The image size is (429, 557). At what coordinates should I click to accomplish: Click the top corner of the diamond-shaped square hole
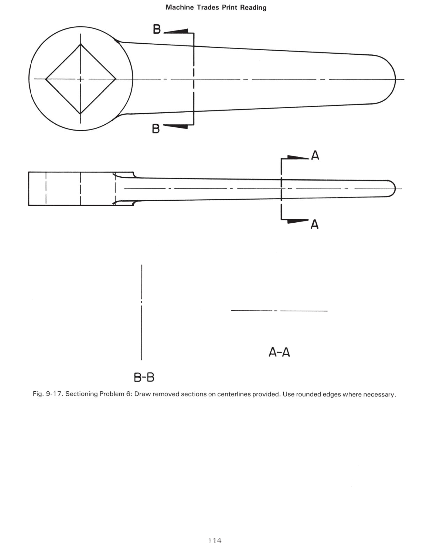coord(81,44)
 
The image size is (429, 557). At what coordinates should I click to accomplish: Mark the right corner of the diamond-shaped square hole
coord(116,79)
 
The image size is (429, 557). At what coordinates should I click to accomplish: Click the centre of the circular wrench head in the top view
coord(81,79)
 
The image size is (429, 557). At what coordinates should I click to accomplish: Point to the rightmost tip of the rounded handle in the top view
coord(395,79)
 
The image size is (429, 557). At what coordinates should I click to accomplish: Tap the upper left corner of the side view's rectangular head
coord(29,172)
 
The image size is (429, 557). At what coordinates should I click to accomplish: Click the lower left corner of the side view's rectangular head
coord(29,205)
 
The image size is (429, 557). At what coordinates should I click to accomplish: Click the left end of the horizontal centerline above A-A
coord(231,310)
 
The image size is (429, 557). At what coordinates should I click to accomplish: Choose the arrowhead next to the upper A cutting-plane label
coord(298,157)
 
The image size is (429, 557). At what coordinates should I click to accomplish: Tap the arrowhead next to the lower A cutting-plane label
coord(298,221)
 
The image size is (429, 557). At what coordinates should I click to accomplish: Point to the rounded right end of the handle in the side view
coord(392,189)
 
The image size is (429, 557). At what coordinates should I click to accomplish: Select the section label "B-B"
coord(144,377)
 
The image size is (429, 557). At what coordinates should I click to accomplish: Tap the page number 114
coord(215,540)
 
